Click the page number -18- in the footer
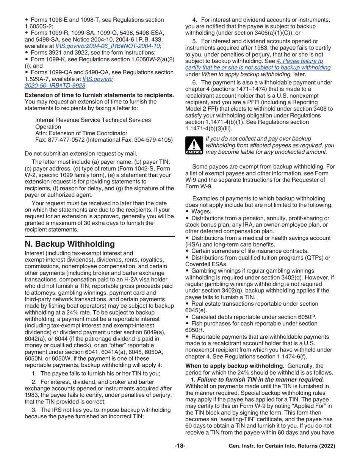180,446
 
